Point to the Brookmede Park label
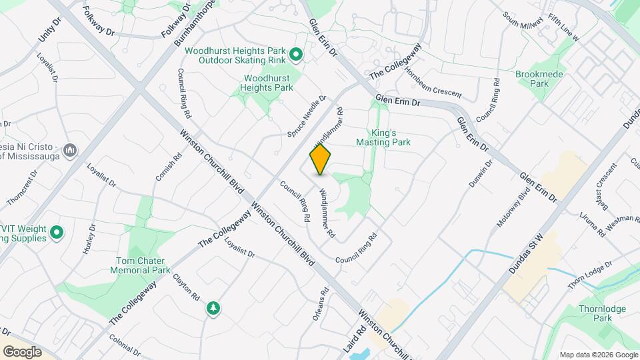[532, 79]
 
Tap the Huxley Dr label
[89, 241]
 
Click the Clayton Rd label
[186, 286]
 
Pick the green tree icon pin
[213, 308]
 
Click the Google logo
[22, 351]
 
